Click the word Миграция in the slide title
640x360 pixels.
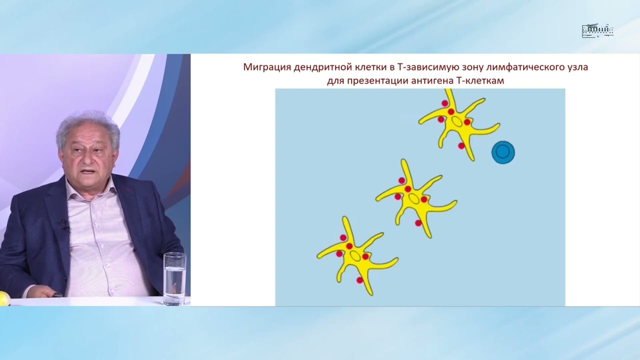(x=267, y=67)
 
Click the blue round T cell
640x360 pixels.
(x=503, y=151)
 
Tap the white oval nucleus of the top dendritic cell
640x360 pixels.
(x=456, y=122)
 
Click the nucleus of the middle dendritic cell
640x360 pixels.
(x=414, y=198)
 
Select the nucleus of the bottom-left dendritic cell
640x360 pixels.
(x=355, y=255)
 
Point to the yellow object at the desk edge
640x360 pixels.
(x=4, y=298)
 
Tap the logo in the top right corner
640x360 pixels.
(x=597, y=31)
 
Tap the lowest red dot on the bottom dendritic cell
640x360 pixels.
(x=359, y=280)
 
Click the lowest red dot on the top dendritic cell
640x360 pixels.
(x=461, y=146)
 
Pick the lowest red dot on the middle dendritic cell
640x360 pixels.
(x=418, y=223)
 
